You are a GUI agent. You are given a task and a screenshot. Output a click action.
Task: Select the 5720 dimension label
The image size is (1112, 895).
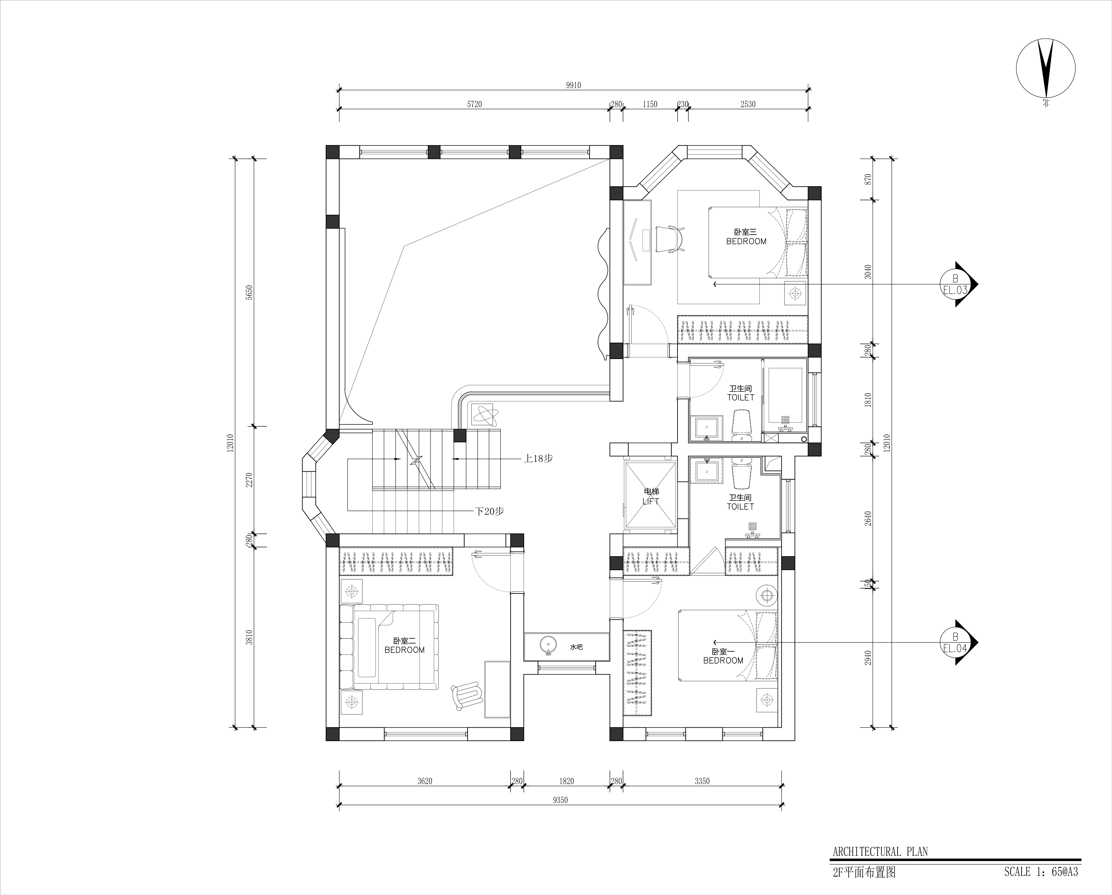click(475, 104)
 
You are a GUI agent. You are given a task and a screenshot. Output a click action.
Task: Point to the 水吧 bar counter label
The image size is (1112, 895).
click(576, 647)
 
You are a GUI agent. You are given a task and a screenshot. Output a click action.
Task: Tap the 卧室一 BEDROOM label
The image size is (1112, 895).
click(723, 656)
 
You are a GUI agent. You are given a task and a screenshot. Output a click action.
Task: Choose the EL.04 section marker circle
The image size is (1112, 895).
click(955, 643)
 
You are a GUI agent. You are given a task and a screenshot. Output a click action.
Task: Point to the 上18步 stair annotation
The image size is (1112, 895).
click(538, 458)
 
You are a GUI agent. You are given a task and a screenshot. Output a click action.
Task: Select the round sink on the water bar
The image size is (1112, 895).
click(548, 645)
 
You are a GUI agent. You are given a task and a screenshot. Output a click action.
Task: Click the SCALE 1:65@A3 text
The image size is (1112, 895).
click(1041, 872)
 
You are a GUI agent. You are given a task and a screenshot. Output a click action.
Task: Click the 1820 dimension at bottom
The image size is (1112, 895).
click(566, 781)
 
